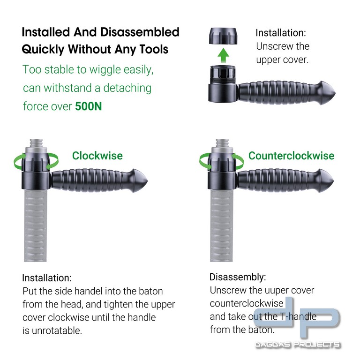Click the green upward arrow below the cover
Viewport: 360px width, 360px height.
point(223,55)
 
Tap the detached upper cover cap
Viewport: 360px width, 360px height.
point(223,36)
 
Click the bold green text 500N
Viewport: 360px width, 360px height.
point(89,106)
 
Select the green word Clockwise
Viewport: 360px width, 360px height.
point(97,156)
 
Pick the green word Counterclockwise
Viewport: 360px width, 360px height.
point(291,156)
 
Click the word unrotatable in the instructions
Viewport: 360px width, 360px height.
point(56,331)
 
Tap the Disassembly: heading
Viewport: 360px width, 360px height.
point(238,277)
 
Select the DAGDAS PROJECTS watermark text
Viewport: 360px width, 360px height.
point(298,345)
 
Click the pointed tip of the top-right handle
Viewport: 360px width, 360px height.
point(335,93)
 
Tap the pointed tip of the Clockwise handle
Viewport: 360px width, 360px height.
point(147,181)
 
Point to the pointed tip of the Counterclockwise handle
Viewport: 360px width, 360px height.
point(333,181)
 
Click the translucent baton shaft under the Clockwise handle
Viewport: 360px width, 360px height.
point(35,226)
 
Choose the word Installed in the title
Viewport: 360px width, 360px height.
point(46,32)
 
